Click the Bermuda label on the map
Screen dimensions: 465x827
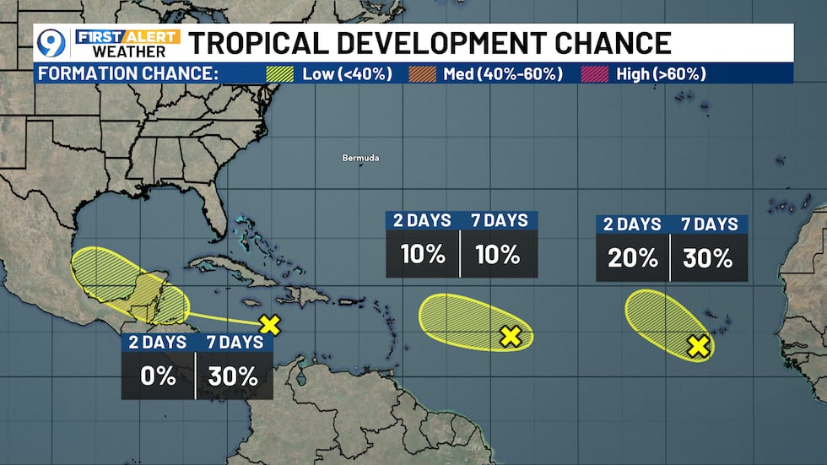(360, 158)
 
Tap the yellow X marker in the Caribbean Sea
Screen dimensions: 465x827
(269, 323)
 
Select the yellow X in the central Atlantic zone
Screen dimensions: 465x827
(510, 336)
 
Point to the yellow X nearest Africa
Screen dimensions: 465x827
(697, 345)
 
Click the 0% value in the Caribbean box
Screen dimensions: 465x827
(159, 376)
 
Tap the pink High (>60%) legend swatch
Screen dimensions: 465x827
(595, 73)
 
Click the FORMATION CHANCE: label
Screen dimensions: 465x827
(127, 73)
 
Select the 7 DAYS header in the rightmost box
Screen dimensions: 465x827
(710, 225)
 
